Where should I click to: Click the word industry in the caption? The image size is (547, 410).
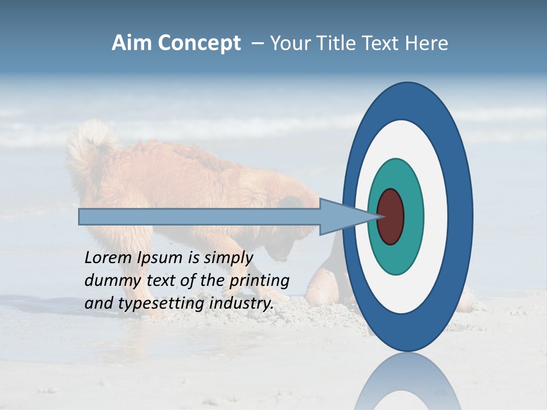(x=241, y=304)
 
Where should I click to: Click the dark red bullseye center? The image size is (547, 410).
(x=391, y=216)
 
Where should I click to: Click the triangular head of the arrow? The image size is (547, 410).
(x=342, y=216)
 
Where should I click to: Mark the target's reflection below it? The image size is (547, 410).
(x=407, y=382)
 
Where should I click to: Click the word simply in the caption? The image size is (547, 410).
(x=228, y=258)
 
